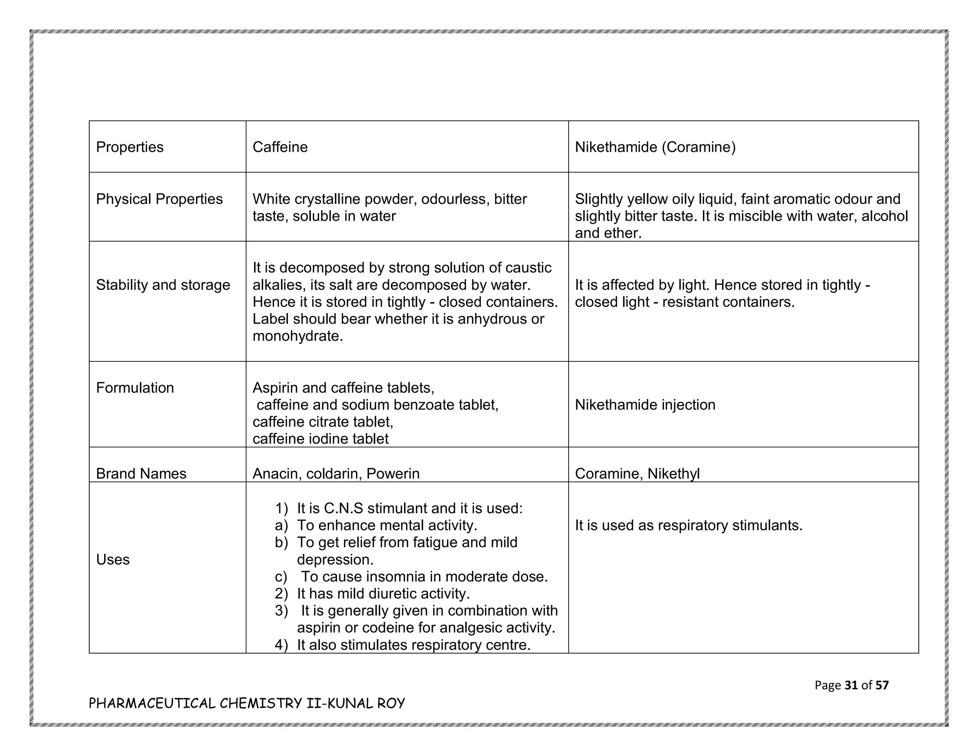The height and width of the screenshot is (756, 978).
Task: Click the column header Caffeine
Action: point(280,147)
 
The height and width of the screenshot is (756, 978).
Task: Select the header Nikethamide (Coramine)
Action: point(655,147)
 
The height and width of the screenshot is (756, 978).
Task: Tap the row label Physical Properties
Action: point(159,199)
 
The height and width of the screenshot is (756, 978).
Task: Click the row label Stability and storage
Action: point(163,285)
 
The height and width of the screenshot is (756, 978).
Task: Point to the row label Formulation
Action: point(135,388)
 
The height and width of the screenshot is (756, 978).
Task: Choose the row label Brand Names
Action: point(141,474)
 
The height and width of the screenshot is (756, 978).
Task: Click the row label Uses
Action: point(113,560)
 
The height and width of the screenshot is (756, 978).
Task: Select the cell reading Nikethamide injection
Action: point(645,405)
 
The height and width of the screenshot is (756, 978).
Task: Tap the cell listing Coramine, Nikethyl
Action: point(637,474)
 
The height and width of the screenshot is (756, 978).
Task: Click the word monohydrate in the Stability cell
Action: point(297,336)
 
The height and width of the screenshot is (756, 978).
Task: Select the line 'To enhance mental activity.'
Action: point(387,525)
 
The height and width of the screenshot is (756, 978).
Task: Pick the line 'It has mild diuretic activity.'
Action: point(383,594)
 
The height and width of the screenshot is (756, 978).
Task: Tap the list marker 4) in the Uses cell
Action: point(281,645)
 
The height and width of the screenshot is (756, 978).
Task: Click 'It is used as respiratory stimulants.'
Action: point(688,525)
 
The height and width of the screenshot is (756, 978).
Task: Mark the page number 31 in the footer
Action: point(851,685)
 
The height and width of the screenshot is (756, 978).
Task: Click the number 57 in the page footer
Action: point(882,685)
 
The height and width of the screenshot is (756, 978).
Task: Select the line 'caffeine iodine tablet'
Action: point(320,439)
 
